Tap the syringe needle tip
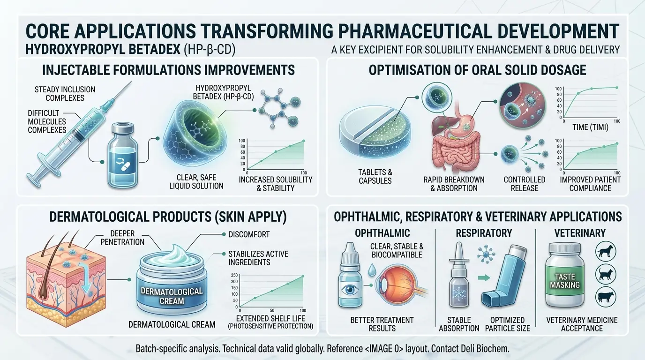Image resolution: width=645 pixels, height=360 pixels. [x=132, y=81]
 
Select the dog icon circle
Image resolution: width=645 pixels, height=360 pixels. [x=606, y=251]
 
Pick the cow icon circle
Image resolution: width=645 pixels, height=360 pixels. [x=606, y=297]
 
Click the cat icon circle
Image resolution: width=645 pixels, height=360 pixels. [x=606, y=274]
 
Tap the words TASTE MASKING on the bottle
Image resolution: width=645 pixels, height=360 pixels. [x=565, y=281]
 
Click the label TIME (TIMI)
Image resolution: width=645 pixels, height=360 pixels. [x=590, y=127]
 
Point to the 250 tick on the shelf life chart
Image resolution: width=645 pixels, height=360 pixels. [x=234, y=275]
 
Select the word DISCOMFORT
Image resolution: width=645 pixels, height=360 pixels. [x=249, y=234]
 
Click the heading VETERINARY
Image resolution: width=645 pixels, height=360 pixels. [x=580, y=232]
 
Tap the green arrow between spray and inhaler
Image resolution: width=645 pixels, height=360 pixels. [x=484, y=278]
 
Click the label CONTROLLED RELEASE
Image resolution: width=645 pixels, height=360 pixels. [x=525, y=184]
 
